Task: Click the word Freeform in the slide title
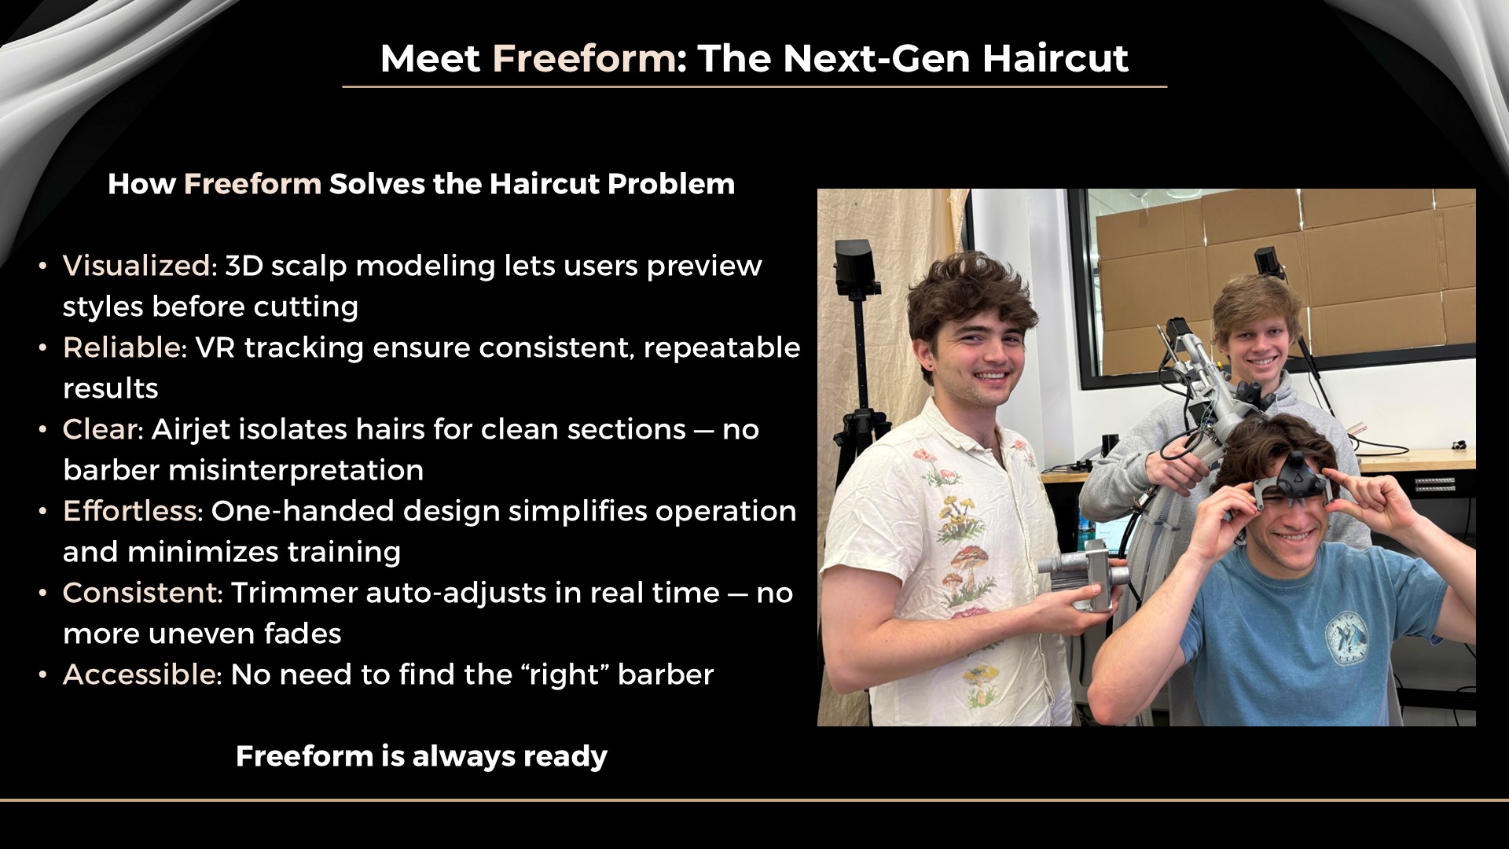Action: pyautogui.click(x=583, y=58)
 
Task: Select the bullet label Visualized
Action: pyautogui.click(x=136, y=266)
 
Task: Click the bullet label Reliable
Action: pyautogui.click(x=122, y=347)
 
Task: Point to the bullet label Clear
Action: pyautogui.click(x=100, y=429)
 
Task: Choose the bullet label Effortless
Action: pyautogui.click(x=130, y=511)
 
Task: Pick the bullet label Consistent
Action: pyautogui.click(x=140, y=593)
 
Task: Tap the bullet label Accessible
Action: pyautogui.click(x=139, y=674)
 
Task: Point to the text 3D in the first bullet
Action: pyautogui.click(x=243, y=266)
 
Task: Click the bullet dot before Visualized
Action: pyautogui.click(x=43, y=266)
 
